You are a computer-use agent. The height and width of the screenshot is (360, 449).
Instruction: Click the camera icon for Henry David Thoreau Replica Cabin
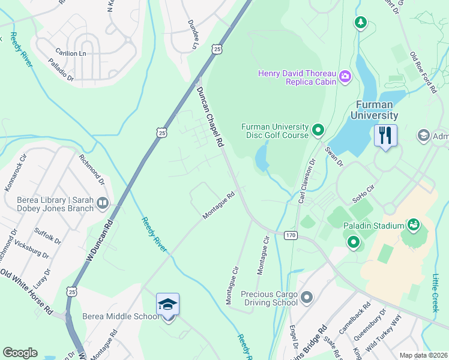coord(345,76)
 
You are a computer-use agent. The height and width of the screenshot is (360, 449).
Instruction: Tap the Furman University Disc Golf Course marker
coord(318,130)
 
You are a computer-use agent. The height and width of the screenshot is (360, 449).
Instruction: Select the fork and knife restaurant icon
coord(385,135)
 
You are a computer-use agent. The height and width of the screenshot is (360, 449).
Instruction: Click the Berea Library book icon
coord(103,204)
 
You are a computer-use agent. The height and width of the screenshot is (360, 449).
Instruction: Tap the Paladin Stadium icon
coord(413,225)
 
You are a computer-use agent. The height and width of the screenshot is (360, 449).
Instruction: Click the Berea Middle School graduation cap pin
coord(168,305)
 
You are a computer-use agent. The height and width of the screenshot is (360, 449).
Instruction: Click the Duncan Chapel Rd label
coord(210,117)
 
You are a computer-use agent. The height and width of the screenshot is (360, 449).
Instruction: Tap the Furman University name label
coord(376,110)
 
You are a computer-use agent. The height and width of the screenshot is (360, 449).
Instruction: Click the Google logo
coord(20,353)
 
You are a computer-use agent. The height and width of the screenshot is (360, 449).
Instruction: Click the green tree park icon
coord(360,23)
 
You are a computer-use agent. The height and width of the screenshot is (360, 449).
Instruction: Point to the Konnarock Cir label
coord(16,173)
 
